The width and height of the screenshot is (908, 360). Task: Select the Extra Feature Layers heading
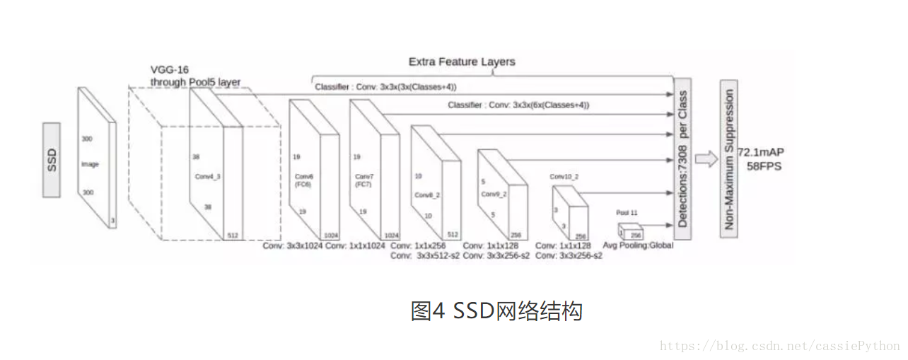462,62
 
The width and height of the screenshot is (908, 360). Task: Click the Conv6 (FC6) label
303,180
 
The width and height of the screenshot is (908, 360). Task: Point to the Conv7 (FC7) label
364,180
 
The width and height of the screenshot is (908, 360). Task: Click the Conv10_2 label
564,177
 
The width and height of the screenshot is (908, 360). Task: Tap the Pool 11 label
627,212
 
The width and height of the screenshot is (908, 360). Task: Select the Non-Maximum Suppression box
729,159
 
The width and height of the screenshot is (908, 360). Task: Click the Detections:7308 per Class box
682,159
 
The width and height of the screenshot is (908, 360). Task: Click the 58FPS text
765,166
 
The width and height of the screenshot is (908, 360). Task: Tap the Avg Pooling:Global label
638,245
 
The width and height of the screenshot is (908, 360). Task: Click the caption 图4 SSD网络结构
496,310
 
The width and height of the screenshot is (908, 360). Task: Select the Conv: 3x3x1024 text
292,245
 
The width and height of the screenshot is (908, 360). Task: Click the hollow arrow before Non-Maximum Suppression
705,158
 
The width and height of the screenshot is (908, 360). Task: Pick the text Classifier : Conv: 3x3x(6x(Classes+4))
518,105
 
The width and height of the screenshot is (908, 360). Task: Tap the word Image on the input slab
90,164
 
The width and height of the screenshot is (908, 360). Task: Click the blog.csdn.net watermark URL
779,346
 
